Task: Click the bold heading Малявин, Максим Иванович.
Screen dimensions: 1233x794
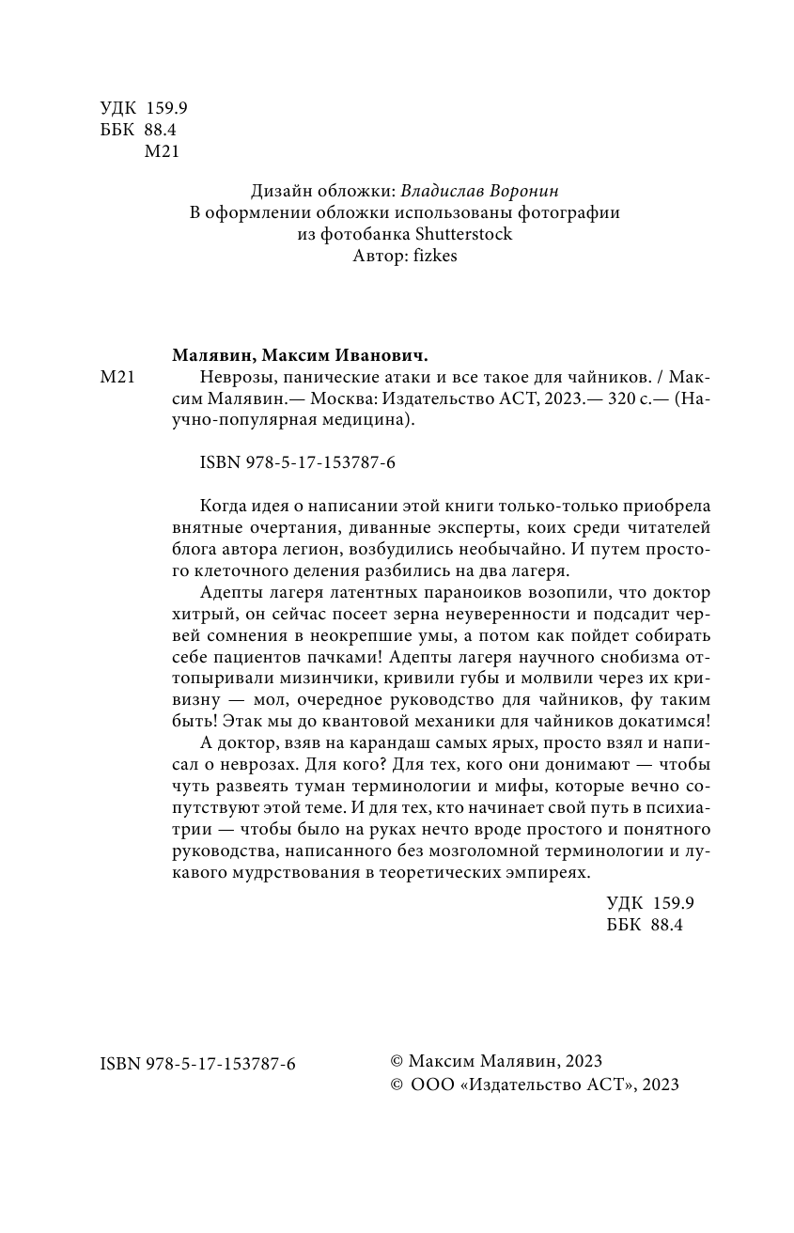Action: point(300,355)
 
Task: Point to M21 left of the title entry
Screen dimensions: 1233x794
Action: point(118,378)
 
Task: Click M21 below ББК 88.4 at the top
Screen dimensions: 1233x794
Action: point(163,152)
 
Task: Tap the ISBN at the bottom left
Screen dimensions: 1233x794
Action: point(197,1063)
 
